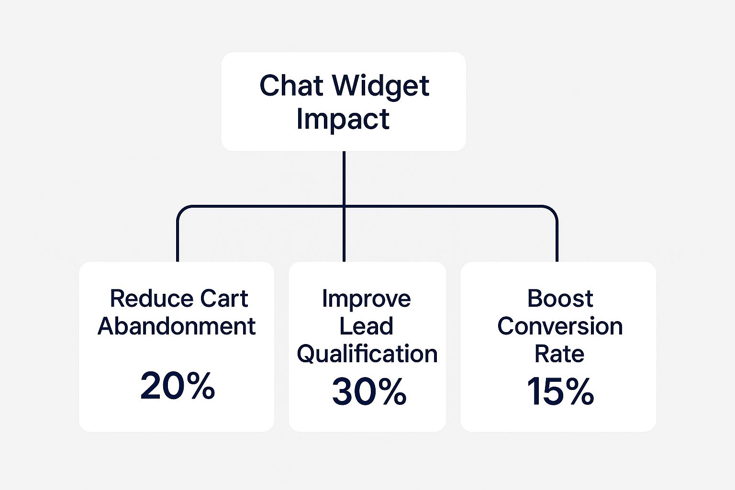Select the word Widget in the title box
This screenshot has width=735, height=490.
click(x=380, y=87)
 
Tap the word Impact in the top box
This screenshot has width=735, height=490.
click(x=343, y=120)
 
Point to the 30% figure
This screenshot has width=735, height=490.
click(x=369, y=391)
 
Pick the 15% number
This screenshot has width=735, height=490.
click(x=560, y=391)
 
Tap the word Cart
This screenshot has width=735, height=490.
click(x=224, y=299)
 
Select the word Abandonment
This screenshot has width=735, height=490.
click(x=177, y=326)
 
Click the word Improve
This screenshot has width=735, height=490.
click(x=366, y=300)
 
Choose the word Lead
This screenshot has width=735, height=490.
click(x=366, y=326)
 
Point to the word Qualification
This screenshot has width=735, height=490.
click(x=367, y=354)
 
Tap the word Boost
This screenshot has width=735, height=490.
click(x=560, y=299)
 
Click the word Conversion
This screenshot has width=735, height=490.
click(x=560, y=326)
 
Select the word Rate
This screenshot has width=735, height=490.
click(x=559, y=354)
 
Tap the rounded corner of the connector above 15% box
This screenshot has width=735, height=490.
click(x=552, y=211)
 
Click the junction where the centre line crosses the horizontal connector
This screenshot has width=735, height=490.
click(x=344, y=206)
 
